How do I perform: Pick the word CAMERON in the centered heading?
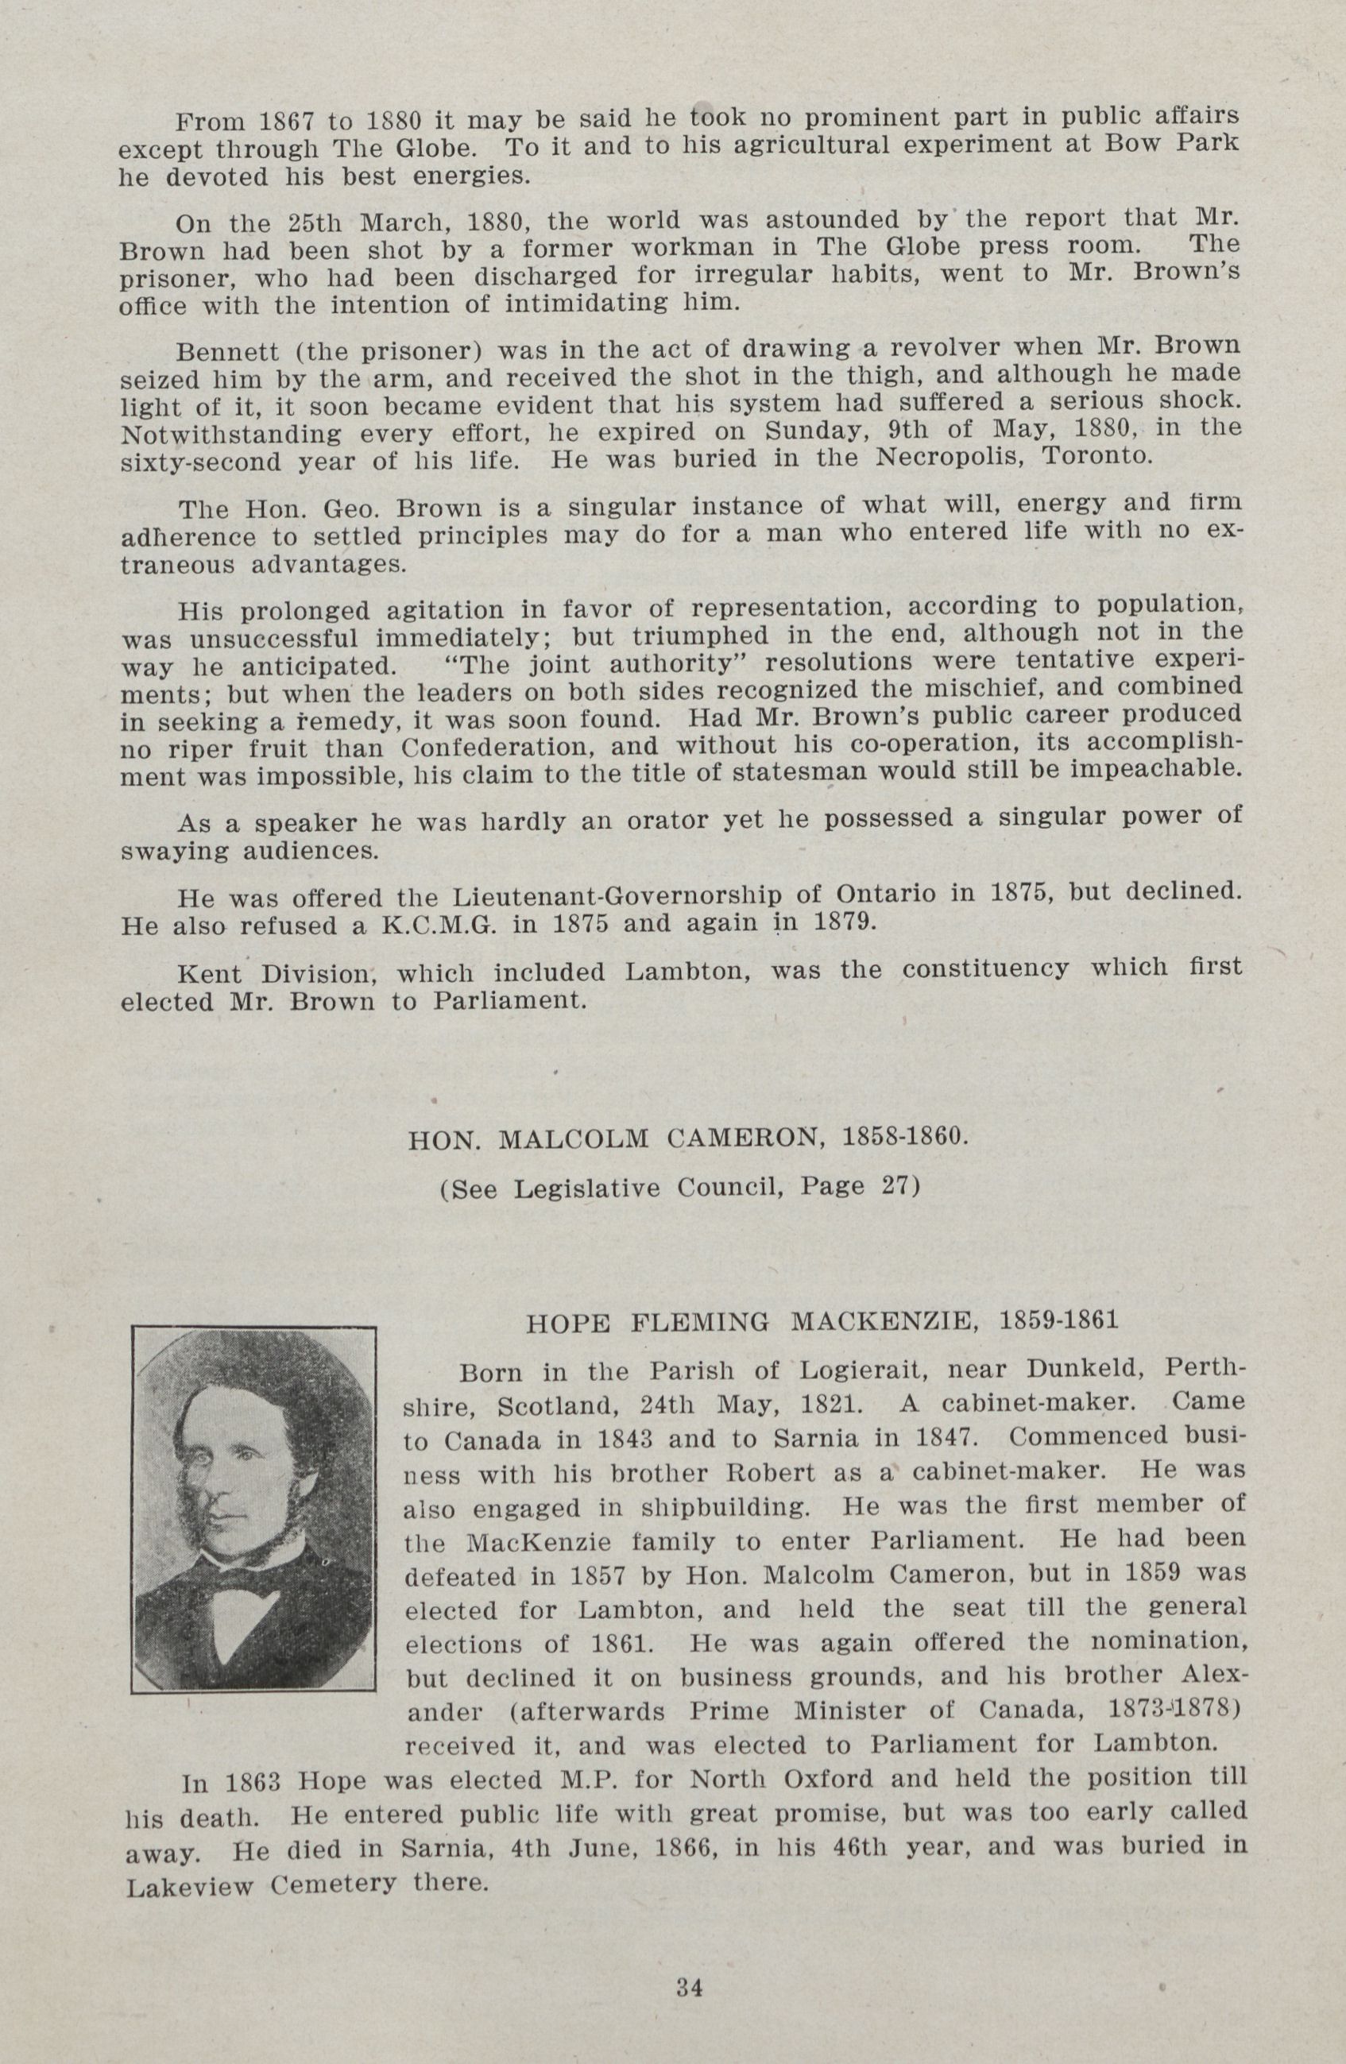(x=745, y=1138)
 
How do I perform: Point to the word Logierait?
(x=864, y=1370)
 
